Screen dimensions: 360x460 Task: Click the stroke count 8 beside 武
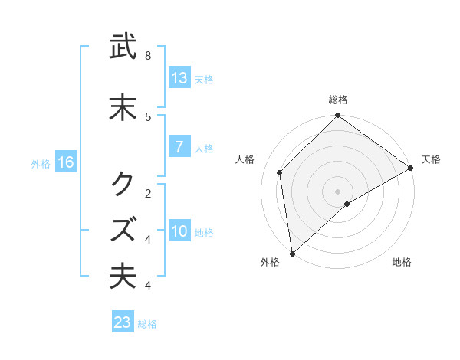(x=148, y=56)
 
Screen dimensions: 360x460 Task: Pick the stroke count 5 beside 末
(x=148, y=116)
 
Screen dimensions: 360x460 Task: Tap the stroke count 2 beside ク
(x=148, y=192)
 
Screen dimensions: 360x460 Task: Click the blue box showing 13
(x=179, y=78)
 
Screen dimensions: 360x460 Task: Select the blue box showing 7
(x=179, y=147)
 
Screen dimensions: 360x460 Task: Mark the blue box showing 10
(x=179, y=231)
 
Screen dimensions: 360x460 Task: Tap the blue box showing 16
(x=65, y=162)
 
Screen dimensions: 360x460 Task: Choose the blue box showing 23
(x=123, y=322)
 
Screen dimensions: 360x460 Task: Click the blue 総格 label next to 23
(x=148, y=324)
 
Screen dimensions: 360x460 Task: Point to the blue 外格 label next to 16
(x=41, y=163)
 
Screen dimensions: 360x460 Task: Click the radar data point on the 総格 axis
(x=338, y=116)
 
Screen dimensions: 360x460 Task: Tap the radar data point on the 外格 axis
(x=292, y=254)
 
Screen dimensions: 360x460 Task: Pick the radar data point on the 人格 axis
(x=280, y=172)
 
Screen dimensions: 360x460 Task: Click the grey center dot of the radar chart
(x=338, y=191)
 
